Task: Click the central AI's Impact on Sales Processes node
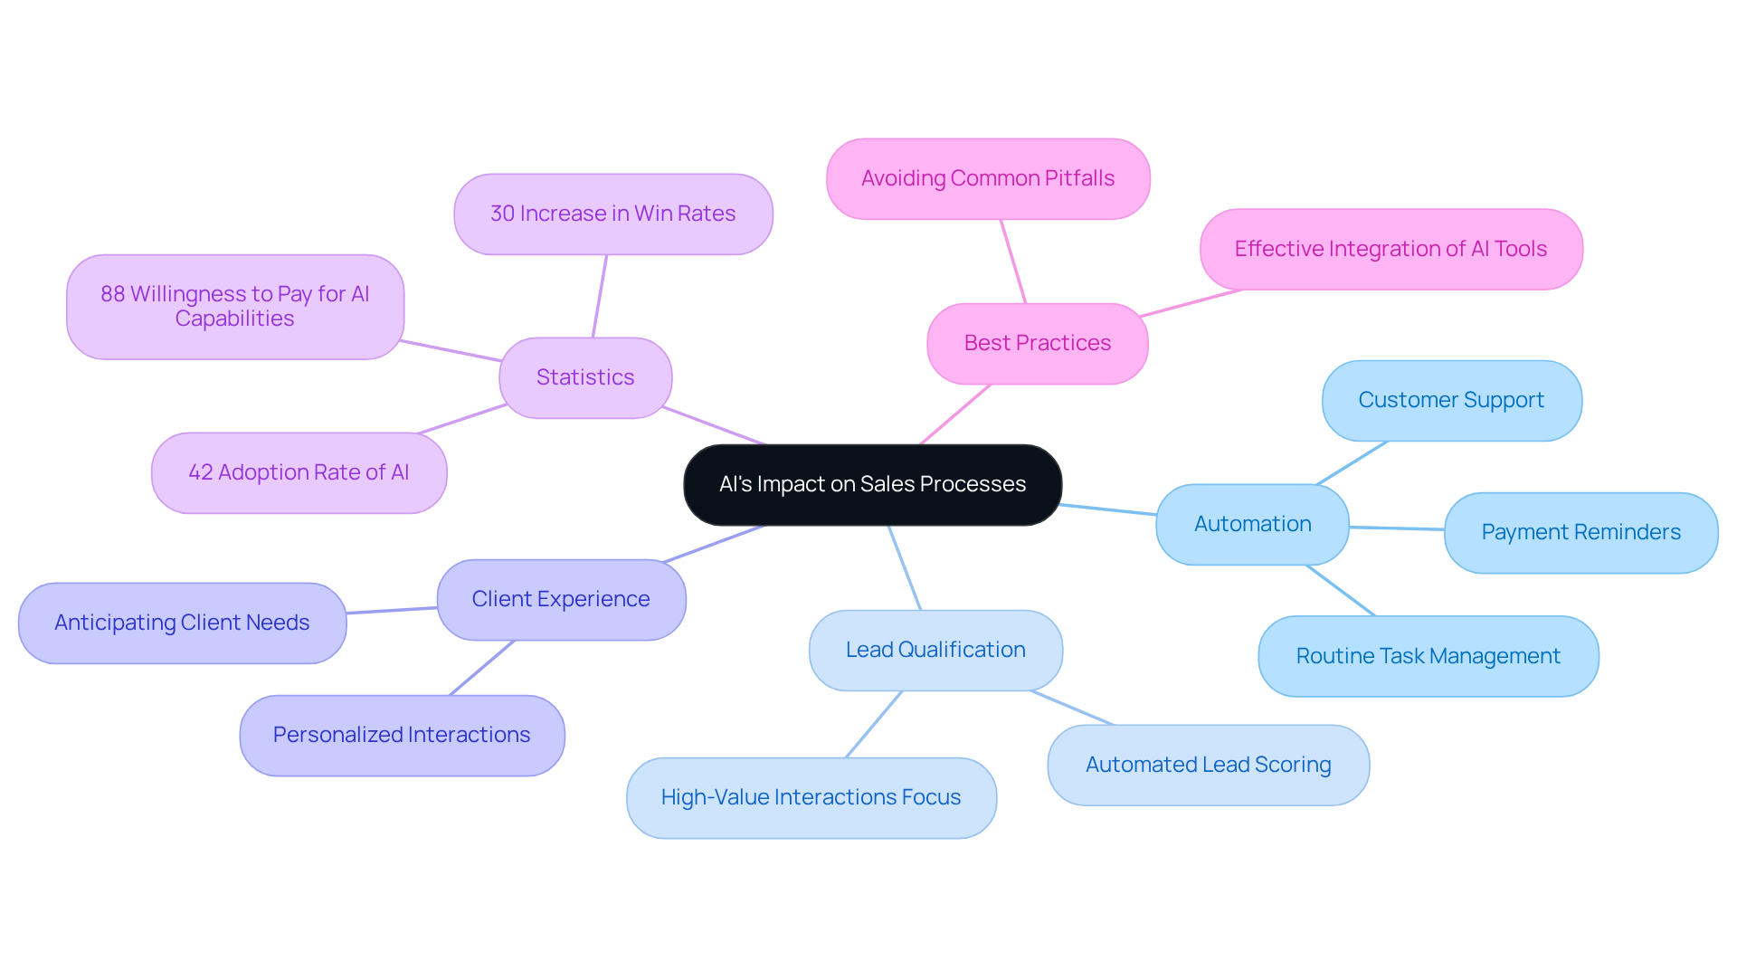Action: click(872, 484)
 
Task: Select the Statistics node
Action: click(585, 377)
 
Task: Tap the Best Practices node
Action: click(1037, 343)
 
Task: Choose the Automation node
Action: click(1252, 524)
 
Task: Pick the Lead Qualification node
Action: click(935, 650)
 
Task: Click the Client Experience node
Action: click(561, 599)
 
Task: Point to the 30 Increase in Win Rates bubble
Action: click(612, 214)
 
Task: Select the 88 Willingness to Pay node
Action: click(235, 306)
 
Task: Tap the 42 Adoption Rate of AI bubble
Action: click(299, 472)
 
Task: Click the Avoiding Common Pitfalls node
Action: click(988, 178)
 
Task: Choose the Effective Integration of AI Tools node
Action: click(1391, 249)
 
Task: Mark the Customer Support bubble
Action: click(1451, 400)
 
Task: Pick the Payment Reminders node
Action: click(1580, 532)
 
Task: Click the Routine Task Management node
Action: click(1428, 656)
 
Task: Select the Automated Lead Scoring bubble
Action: click(1208, 765)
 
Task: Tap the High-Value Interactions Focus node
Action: click(811, 797)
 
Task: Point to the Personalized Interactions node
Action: click(402, 735)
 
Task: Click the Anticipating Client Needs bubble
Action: click(182, 623)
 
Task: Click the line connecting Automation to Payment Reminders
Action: click(1397, 528)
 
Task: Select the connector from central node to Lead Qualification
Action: click(905, 567)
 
